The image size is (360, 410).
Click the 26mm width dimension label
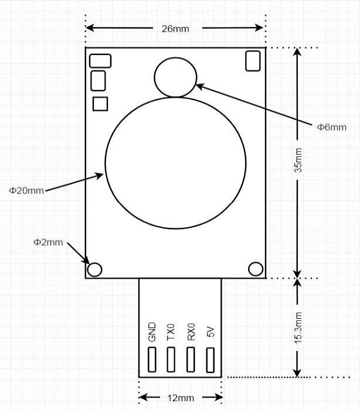(175, 29)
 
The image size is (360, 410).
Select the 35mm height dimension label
(298, 160)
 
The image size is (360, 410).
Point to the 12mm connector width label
(181, 398)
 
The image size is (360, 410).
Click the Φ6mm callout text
(331, 127)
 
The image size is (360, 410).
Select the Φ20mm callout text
(26, 190)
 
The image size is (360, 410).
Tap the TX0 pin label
(171, 332)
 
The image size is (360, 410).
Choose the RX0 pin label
(191, 332)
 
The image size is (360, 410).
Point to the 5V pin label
(210, 332)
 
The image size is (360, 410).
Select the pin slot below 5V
(210, 360)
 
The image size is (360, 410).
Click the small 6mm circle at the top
(175, 77)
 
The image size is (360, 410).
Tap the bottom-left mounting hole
(94, 269)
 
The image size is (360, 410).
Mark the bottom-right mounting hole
(256, 269)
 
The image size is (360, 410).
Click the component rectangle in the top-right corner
(253, 60)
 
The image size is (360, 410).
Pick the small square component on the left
(101, 104)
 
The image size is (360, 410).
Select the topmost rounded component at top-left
(100, 60)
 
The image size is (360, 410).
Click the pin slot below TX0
(171, 360)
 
